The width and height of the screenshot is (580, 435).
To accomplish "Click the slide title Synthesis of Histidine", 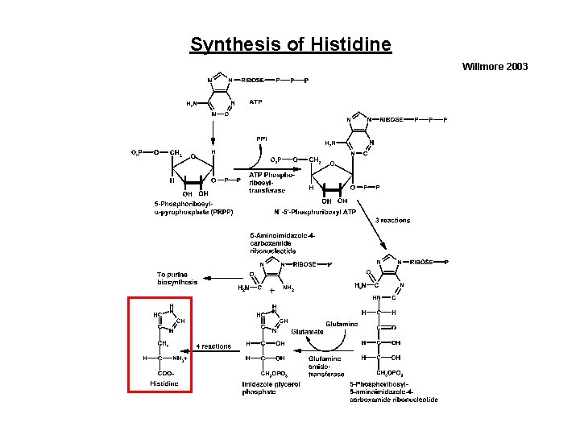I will tap(291, 43).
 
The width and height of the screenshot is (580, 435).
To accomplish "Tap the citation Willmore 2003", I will tap(495, 66).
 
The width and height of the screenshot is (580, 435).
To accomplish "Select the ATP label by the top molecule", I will tap(255, 102).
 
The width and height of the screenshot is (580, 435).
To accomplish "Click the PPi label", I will tap(262, 139).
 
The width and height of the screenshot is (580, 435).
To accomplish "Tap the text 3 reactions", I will tap(392, 221).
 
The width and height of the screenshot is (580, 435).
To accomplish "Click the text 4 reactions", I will tap(213, 346).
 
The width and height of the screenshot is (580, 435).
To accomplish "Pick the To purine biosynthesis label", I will tap(177, 279).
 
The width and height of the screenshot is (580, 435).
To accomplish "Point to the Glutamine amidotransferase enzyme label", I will tap(325, 366).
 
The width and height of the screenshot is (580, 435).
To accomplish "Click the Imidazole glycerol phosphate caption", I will tap(271, 387).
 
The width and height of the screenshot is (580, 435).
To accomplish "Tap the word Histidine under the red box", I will tap(164, 383).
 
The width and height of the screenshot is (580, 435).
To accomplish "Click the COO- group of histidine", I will tap(166, 373).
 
